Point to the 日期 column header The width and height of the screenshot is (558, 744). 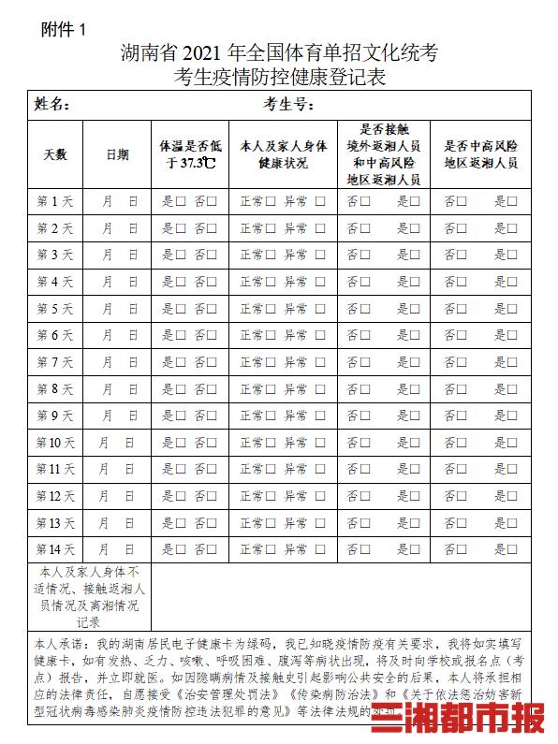tap(118, 154)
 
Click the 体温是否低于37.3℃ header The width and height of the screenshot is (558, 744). tap(191, 154)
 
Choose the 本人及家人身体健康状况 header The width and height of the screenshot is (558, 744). tap(283, 154)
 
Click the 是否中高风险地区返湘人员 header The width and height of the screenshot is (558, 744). tap(480, 154)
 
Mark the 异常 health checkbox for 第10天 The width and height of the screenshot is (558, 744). tap(320, 443)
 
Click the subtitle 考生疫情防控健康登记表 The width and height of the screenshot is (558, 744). tap(279, 75)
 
